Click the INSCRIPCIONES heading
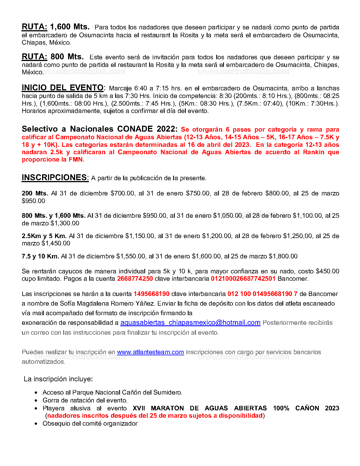55,178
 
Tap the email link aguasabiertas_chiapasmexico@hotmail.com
190,323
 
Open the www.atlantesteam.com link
150,352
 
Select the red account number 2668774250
135,279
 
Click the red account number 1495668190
151,294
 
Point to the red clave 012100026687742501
243,279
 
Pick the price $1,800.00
283,256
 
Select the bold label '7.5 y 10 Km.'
40,256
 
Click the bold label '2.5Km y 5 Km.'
44,236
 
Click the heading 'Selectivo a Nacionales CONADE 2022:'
100,129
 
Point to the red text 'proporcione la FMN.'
53,160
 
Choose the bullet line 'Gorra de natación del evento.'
85,400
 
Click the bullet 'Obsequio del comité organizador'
90,424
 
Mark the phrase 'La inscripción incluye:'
58,379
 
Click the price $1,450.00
56,243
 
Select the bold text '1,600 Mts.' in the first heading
70,27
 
